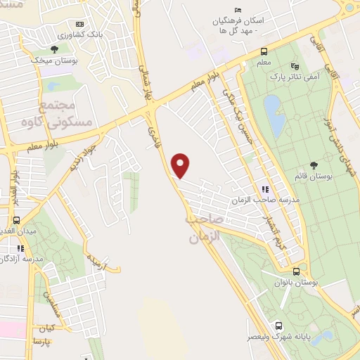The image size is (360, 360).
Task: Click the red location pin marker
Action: click(181, 165)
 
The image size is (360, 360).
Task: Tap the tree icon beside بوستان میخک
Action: click(54, 49)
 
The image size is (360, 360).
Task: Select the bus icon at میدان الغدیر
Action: click(15, 220)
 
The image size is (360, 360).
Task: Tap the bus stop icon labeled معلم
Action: click(264, 51)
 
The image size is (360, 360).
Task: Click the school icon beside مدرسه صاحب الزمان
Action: click(265, 189)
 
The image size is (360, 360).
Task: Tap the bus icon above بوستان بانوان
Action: click(296, 271)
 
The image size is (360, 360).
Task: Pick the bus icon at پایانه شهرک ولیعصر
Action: click(279, 326)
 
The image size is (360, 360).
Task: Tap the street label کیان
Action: click(47, 328)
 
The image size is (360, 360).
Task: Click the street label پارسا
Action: click(41, 342)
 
